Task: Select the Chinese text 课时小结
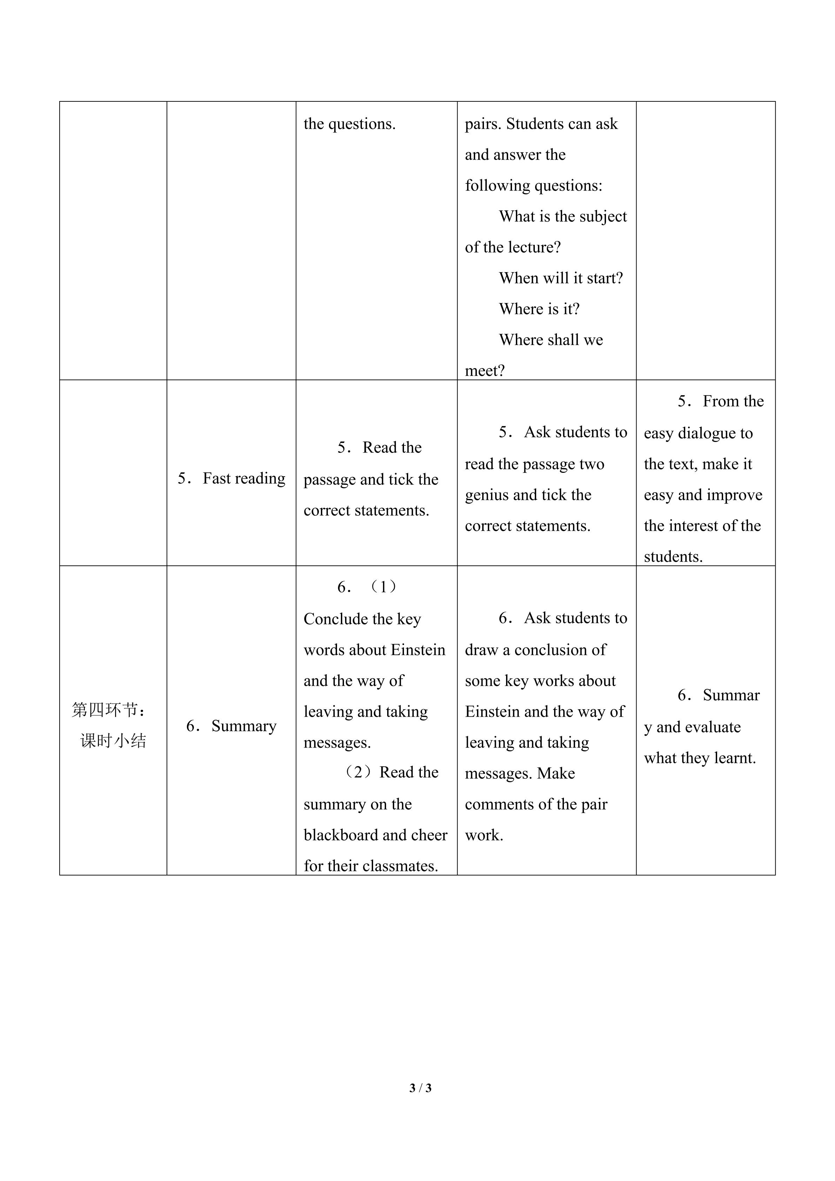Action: (113, 741)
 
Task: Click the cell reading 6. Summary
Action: (231, 726)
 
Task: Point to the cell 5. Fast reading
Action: (231, 478)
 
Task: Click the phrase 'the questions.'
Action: (350, 124)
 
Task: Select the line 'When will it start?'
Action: (561, 278)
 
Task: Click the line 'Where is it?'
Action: (539, 309)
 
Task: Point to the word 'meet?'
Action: (485, 371)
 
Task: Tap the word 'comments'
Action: (496, 804)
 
